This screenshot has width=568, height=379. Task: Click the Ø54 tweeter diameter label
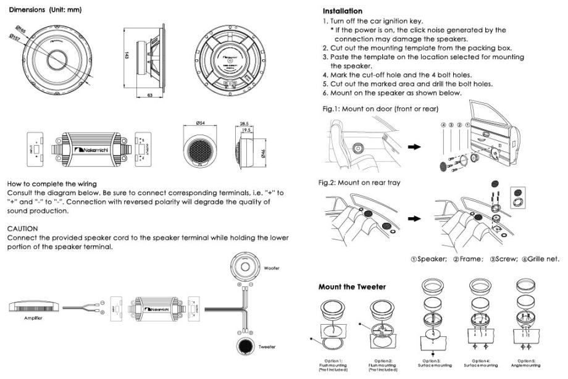200,123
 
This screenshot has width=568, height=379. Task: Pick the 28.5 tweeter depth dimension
244,123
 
